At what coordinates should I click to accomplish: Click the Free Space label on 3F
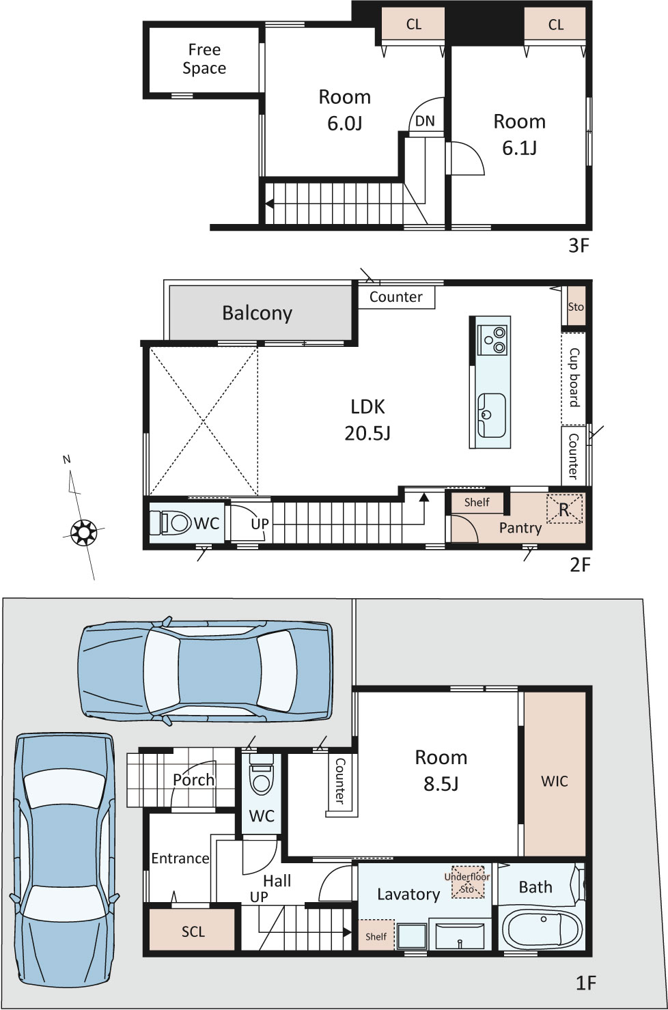204,59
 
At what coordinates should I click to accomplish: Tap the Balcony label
257,313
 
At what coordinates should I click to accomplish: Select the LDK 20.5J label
367,420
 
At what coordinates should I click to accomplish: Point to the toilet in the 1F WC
261,773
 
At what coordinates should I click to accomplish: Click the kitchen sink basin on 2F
491,415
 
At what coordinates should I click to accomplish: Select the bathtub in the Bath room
541,929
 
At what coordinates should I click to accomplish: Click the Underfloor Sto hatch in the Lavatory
468,882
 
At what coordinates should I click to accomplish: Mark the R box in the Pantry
564,509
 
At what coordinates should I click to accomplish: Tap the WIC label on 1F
555,781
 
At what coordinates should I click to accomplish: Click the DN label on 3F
425,121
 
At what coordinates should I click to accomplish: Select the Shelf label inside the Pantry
477,503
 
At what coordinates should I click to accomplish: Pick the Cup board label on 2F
573,378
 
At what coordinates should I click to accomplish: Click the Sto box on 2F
576,306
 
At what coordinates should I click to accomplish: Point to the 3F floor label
579,246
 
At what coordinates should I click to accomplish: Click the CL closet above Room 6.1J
555,25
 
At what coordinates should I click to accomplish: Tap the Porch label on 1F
194,780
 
